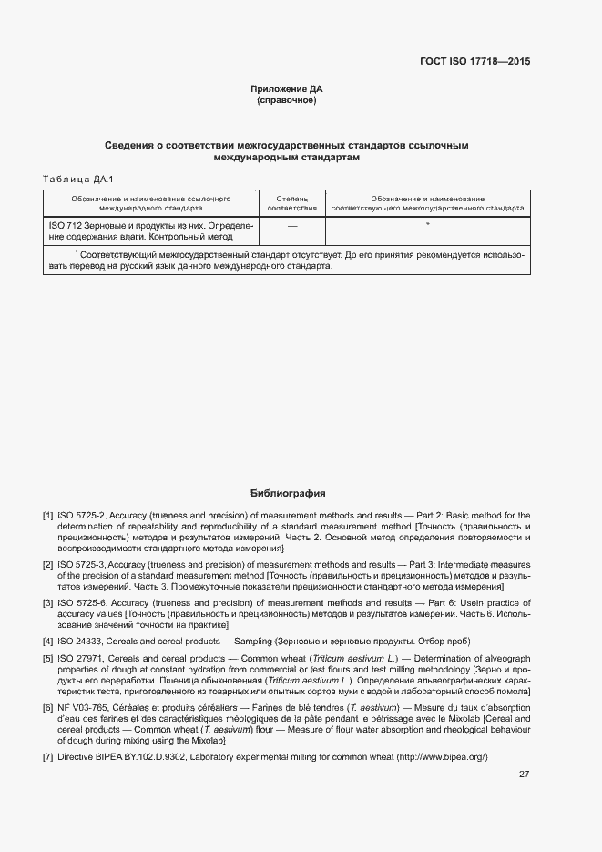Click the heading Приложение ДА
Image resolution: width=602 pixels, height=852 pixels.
tap(287, 88)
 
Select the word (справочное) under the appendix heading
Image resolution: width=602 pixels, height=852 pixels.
tap(287, 99)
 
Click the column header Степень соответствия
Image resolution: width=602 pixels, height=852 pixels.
tap(292, 203)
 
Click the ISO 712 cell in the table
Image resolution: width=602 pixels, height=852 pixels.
tap(150, 231)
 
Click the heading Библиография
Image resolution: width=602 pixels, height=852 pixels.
tap(287, 494)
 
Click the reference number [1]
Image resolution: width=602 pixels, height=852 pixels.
tap(47, 517)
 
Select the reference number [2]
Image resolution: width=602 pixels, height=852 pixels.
tap(47, 565)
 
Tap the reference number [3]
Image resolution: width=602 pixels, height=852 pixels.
tap(47, 603)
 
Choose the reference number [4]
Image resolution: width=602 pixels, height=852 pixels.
tap(47, 642)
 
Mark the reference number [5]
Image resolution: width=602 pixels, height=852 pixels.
tap(47, 658)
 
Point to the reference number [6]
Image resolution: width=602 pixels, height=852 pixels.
tap(47, 707)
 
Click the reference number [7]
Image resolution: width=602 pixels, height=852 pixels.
tap(47, 757)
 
